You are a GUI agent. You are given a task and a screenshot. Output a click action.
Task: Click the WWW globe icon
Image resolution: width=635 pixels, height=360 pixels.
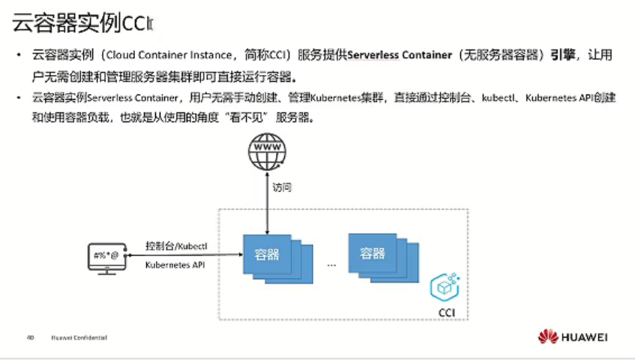click(x=268, y=152)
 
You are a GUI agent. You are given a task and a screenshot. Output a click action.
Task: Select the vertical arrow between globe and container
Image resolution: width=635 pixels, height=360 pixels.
click(x=268, y=201)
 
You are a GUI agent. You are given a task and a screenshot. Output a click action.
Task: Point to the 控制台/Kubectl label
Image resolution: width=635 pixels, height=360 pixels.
click(x=175, y=247)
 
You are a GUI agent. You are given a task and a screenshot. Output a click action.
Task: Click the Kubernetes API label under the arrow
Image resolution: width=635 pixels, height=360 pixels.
click(x=175, y=265)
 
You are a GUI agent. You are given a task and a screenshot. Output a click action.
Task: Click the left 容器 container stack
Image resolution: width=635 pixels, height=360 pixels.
click(x=271, y=256)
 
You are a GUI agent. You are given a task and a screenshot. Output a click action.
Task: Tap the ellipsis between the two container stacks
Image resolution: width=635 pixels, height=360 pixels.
click(x=331, y=265)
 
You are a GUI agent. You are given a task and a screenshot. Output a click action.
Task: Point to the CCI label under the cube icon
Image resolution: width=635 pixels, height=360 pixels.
click(x=447, y=311)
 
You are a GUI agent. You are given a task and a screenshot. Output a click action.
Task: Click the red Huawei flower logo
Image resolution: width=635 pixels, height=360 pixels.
click(x=548, y=337)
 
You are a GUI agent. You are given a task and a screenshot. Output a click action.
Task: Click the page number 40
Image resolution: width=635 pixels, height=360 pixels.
click(x=31, y=337)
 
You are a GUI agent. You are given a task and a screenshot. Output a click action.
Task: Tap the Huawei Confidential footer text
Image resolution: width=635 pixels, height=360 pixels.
click(x=79, y=337)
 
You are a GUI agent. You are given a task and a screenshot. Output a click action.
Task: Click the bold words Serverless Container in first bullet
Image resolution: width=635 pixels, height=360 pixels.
click(x=400, y=55)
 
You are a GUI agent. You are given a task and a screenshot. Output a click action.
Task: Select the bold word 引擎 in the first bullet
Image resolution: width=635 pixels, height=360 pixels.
click(x=562, y=55)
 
